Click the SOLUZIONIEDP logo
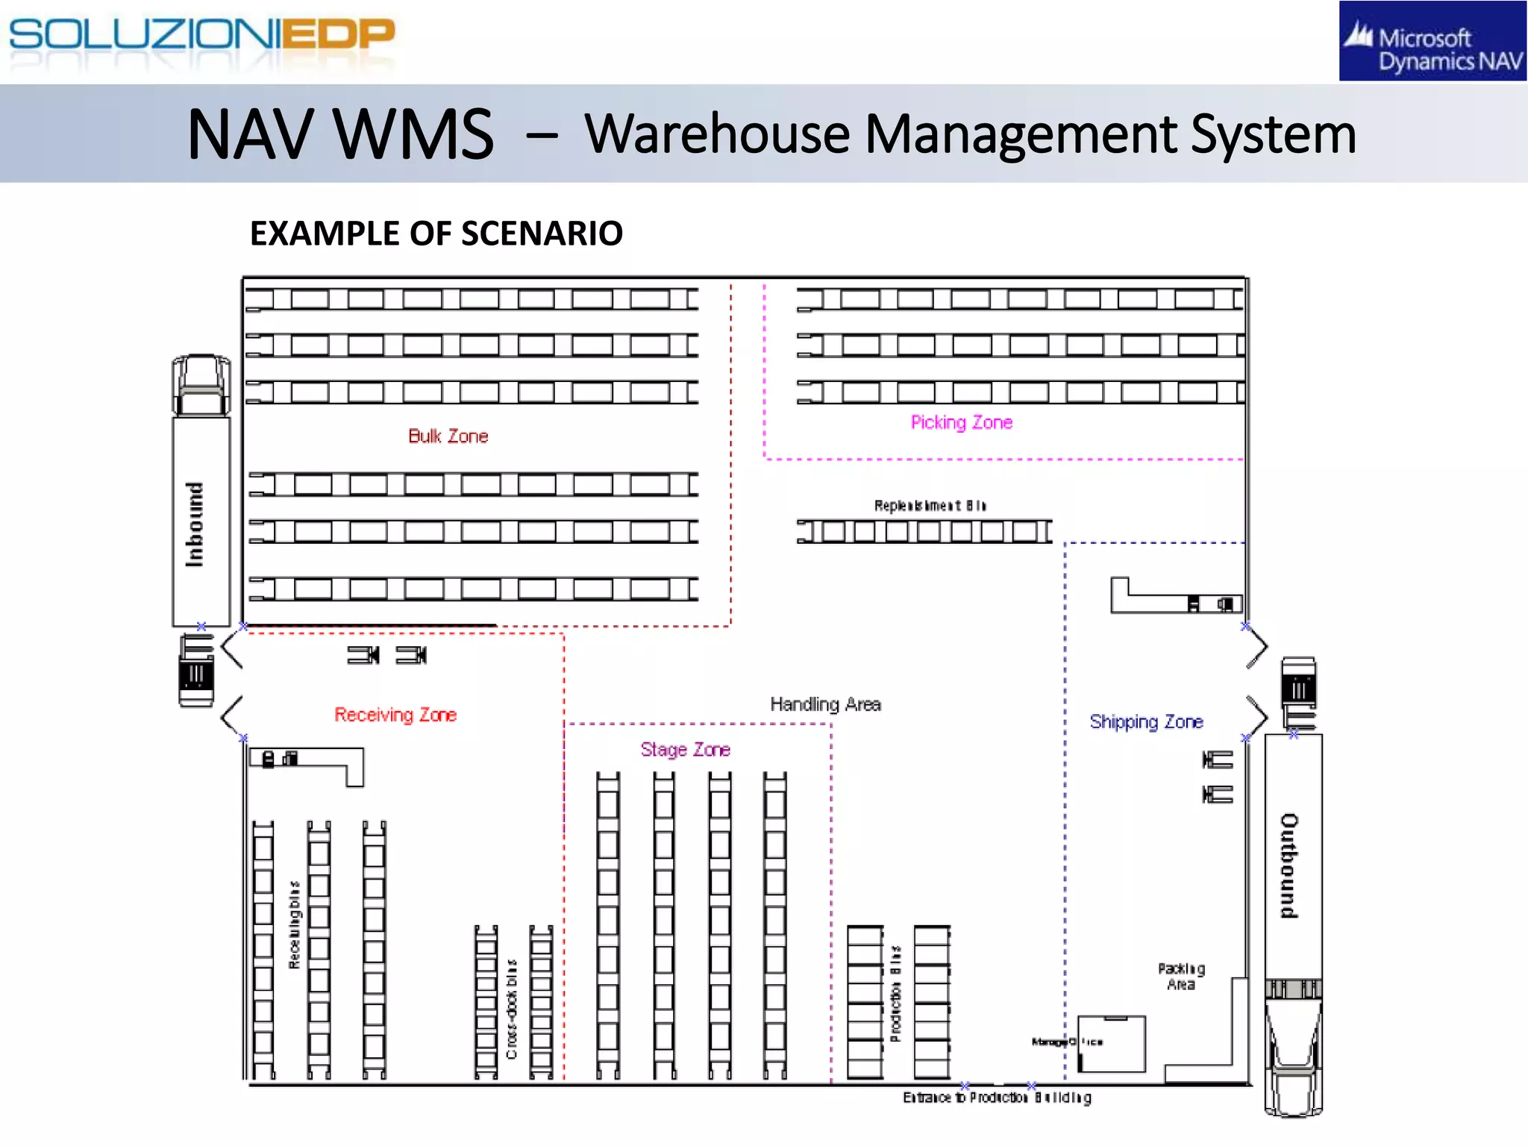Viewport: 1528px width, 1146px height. click(x=201, y=36)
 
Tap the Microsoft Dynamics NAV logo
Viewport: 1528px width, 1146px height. click(x=1432, y=42)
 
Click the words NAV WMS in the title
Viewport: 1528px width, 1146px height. click(x=340, y=134)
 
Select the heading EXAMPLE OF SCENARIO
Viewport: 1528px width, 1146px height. click(x=436, y=234)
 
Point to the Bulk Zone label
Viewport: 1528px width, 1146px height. click(x=448, y=436)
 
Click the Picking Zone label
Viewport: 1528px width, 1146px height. click(x=961, y=423)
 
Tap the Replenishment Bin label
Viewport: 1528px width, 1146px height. click(x=930, y=506)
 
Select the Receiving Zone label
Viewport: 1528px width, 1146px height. click(x=395, y=715)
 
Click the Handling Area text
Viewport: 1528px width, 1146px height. click(x=825, y=704)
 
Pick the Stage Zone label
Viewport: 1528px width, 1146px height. click(x=685, y=750)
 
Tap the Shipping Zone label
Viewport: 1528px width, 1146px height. click(x=1146, y=721)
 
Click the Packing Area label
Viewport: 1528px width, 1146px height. click(x=1181, y=977)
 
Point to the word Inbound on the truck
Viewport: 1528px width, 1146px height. click(x=195, y=524)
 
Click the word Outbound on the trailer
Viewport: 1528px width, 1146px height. click(x=1290, y=865)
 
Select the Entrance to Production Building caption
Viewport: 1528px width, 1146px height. click(x=997, y=1098)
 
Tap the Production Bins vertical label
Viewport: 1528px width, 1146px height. click(x=896, y=992)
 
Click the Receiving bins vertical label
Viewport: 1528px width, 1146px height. click(x=295, y=925)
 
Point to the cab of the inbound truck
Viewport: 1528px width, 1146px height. click(x=201, y=385)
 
